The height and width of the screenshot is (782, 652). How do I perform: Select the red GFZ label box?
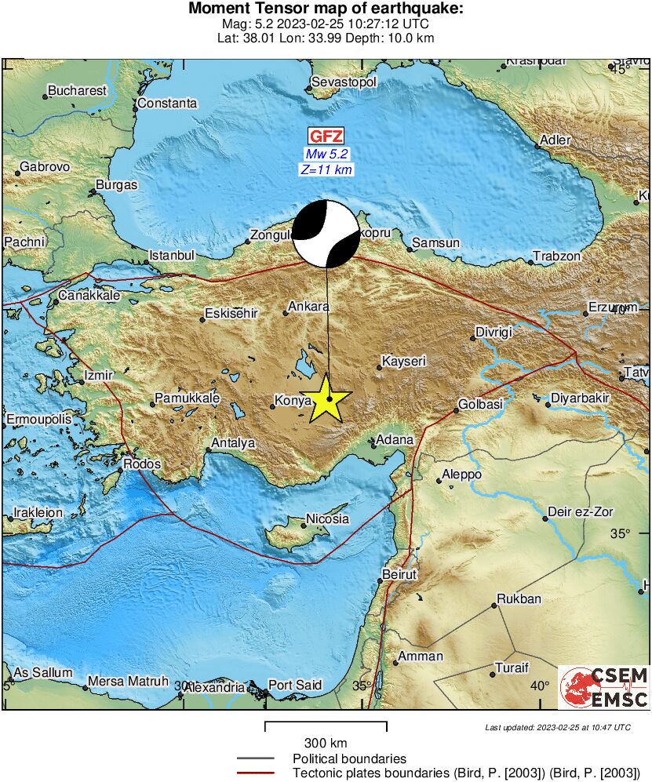pyautogui.click(x=326, y=136)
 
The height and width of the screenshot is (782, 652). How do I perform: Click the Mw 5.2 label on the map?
pyautogui.click(x=326, y=154)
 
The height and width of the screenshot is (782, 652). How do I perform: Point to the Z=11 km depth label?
pyautogui.click(x=326, y=169)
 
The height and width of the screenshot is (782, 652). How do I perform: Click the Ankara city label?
pyautogui.click(x=308, y=307)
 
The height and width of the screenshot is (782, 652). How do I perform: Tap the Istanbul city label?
pyautogui.click(x=172, y=255)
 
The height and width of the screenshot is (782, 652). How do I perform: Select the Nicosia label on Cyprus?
pyautogui.click(x=327, y=518)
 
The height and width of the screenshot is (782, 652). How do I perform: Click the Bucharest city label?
pyautogui.click(x=77, y=90)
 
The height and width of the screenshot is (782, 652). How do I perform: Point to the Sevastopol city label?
pyautogui.click(x=344, y=82)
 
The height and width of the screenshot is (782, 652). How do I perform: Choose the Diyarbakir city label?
pyautogui.click(x=580, y=398)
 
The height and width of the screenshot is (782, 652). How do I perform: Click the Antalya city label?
pyautogui.click(x=233, y=442)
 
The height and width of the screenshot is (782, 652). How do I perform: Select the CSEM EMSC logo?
pyautogui.click(x=603, y=687)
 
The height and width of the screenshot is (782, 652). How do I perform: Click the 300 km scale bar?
pyautogui.click(x=326, y=726)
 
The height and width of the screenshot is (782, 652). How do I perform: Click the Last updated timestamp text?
pyautogui.click(x=558, y=727)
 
